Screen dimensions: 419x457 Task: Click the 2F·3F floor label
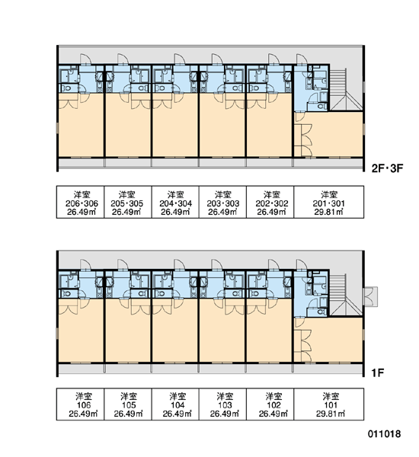(387, 168)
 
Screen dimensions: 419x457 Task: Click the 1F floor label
(378, 372)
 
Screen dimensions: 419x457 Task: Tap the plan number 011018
(384, 434)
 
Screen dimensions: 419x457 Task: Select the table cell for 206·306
(80, 202)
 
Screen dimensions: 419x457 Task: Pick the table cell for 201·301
(329, 202)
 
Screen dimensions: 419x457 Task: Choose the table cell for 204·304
(175, 202)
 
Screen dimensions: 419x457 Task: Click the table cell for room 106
(80, 404)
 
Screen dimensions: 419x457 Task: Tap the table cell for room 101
(329, 404)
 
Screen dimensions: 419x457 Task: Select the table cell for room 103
(222, 404)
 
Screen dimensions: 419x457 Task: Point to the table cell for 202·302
(270, 202)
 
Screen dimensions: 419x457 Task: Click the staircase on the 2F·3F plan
(346, 90)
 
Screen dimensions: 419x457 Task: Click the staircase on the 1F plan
(346, 295)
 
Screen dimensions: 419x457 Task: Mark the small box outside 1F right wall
(371, 297)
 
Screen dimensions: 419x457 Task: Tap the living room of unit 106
(81, 331)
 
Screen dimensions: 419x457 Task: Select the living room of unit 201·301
(332, 135)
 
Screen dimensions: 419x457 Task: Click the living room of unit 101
(332, 340)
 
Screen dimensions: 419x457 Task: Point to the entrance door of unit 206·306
(86, 59)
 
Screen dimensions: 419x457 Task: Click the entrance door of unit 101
(302, 264)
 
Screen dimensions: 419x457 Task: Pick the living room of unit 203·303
(222, 126)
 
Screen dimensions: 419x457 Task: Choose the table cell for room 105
(128, 404)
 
